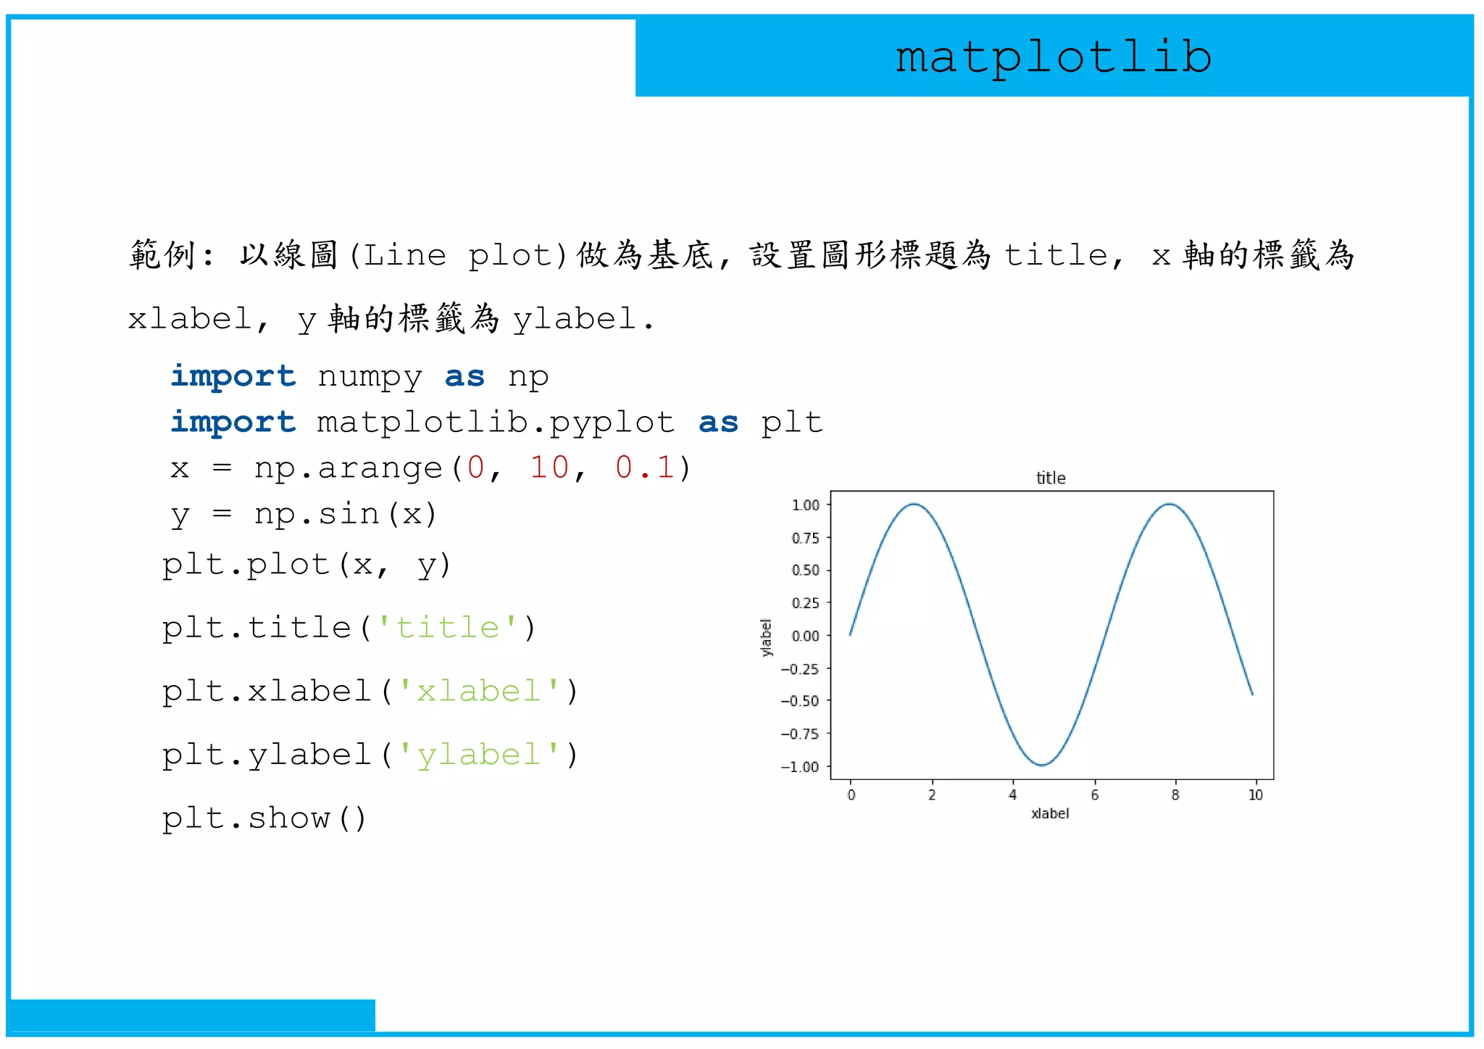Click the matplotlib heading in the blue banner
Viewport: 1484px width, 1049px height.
tap(1054, 57)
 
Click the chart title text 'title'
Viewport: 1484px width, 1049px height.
tap(1050, 478)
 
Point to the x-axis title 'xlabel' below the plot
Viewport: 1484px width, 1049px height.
tap(1049, 813)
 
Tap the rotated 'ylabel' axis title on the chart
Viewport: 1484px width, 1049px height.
tap(766, 637)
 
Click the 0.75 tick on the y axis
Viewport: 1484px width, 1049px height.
tap(805, 538)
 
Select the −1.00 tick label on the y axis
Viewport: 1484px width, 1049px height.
tap(800, 767)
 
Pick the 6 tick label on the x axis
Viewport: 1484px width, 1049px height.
tap(1094, 795)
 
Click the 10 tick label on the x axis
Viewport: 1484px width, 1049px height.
tap(1255, 795)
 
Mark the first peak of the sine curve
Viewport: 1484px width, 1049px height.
tap(914, 504)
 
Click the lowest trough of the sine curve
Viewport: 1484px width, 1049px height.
tap(1041, 765)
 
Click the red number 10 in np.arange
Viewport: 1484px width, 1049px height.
tap(549, 468)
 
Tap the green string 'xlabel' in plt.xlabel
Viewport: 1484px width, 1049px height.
tap(479, 691)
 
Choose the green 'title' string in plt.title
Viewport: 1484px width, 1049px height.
tap(448, 628)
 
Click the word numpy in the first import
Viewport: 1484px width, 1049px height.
tap(370, 377)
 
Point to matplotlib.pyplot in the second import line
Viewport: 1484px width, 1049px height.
tap(496, 423)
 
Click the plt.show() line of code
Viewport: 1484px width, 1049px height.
tap(264, 818)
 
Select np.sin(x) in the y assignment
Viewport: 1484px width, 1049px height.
tap(345, 514)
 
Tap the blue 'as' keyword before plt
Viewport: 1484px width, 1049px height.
tap(718, 423)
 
